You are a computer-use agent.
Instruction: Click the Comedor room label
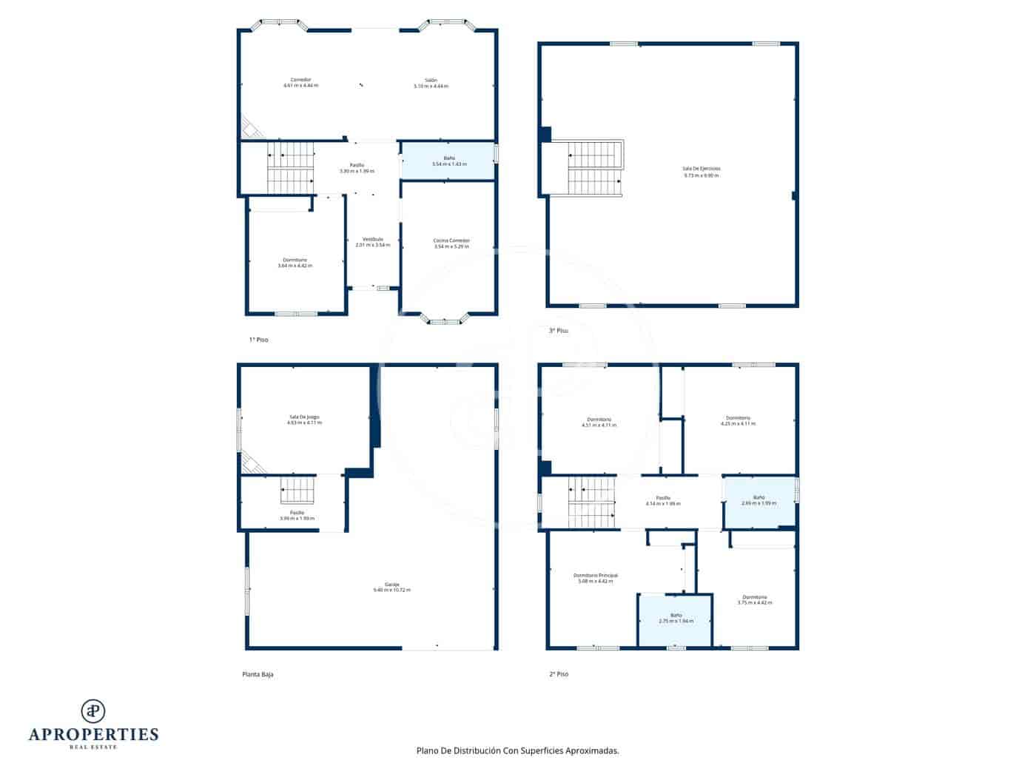click(x=300, y=82)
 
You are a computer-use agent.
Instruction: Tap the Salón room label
click(x=431, y=82)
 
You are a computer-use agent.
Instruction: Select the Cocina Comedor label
click(x=451, y=243)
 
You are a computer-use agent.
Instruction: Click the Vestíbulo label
click(x=373, y=241)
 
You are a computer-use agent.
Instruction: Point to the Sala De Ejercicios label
click(x=702, y=172)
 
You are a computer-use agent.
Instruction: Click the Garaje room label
click(x=391, y=587)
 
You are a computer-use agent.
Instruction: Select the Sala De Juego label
click(x=304, y=420)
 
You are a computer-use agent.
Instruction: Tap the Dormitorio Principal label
click(x=595, y=578)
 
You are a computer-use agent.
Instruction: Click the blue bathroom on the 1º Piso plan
click(x=448, y=161)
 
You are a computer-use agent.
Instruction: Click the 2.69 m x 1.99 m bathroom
click(x=759, y=501)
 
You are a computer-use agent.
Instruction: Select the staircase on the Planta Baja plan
click(x=297, y=491)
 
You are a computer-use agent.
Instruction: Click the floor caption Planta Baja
click(x=258, y=674)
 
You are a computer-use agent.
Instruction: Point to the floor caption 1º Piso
click(x=258, y=340)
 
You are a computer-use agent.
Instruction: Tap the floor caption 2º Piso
click(x=559, y=674)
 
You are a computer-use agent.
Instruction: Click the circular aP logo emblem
click(x=93, y=710)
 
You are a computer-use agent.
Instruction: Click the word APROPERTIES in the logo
click(x=93, y=734)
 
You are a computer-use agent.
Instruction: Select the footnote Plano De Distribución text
click(x=517, y=750)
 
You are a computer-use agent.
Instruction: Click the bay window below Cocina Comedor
click(x=445, y=320)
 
